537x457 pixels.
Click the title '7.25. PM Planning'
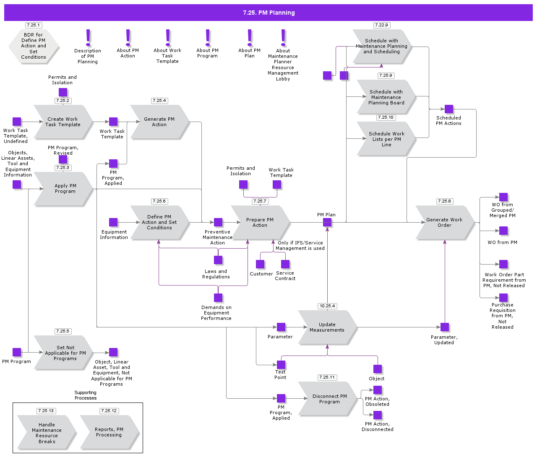click(268, 13)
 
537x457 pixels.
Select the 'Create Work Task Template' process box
click(63, 122)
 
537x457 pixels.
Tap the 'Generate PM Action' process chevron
click(159, 122)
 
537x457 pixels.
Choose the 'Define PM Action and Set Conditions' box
click(159, 222)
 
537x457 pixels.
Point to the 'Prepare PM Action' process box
click(260, 222)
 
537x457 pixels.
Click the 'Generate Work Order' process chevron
click(445, 222)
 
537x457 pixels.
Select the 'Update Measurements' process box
click(327, 327)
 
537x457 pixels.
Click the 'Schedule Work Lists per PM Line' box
click(386, 139)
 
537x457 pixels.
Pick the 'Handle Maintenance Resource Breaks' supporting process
click(47, 433)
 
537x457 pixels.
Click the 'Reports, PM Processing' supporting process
click(109, 432)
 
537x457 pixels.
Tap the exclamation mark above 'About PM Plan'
click(250, 38)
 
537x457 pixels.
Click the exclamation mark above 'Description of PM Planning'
click(88, 38)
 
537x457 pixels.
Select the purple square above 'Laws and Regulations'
click(218, 260)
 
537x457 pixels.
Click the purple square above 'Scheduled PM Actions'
click(449, 109)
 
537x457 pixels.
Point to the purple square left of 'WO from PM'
click(503, 231)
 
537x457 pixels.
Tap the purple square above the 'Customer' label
click(260, 264)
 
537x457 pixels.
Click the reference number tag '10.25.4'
click(327, 306)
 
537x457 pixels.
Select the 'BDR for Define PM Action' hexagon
click(34, 46)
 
